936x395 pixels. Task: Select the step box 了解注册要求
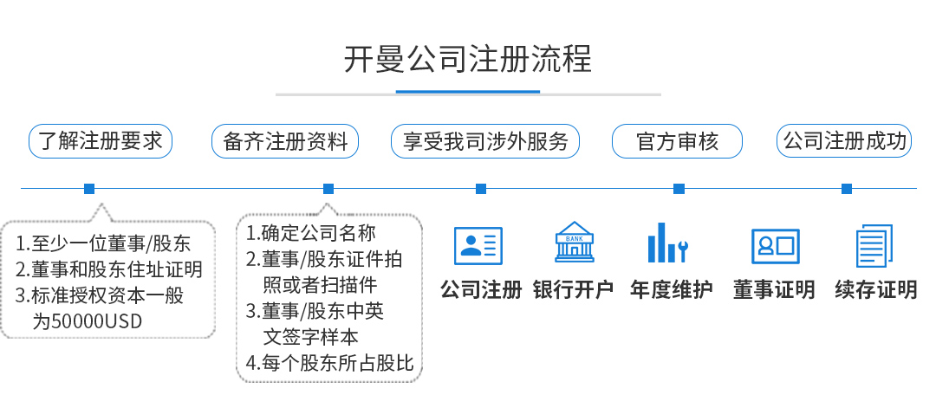tap(101, 141)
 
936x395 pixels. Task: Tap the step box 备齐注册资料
tap(285, 141)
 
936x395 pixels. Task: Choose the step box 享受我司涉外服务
tap(484, 141)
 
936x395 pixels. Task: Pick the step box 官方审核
tap(677, 141)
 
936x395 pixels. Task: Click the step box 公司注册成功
tap(845, 141)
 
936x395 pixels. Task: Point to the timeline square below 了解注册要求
tap(89, 189)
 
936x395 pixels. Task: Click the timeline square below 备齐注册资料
tap(328, 189)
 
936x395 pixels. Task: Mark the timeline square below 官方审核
tap(679, 189)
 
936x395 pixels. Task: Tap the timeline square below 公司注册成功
tap(847, 189)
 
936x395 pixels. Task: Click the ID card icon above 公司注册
tap(478, 245)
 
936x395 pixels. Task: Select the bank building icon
tap(574, 243)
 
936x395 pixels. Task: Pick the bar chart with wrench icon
tap(668, 243)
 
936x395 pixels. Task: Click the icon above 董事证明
tap(775, 246)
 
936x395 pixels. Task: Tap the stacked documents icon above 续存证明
tap(874, 245)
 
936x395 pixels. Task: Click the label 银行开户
tap(574, 289)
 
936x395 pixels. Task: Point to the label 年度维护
tap(672, 289)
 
